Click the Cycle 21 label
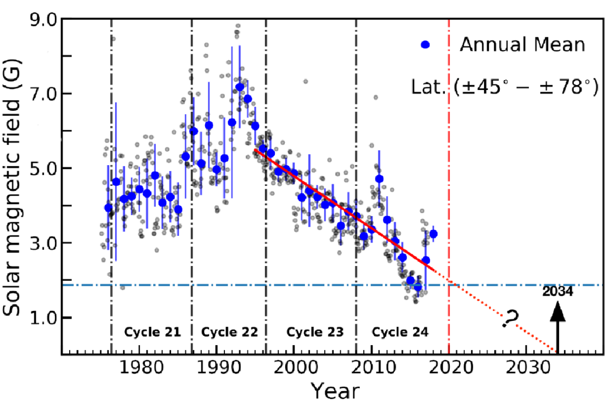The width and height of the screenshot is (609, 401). (152, 332)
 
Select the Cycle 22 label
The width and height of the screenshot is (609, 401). (229, 332)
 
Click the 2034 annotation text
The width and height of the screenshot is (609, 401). (558, 291)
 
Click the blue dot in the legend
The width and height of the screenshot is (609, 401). (438, 44)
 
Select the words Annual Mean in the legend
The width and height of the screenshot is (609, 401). (522, 44)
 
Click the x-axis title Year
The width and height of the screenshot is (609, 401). (335, 390)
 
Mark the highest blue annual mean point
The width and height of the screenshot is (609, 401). (240, 87)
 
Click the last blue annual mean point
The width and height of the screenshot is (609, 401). (433, 234)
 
